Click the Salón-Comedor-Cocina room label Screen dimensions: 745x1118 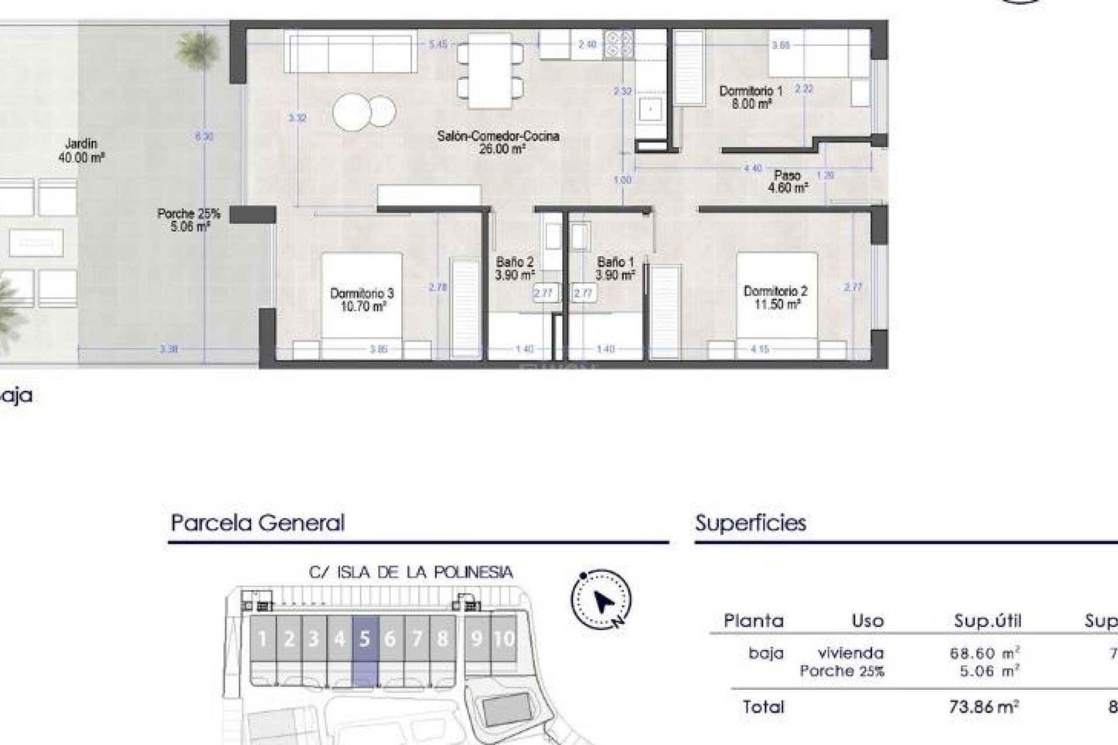tap(498, 142)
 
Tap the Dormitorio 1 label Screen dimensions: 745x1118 tap(751, 97)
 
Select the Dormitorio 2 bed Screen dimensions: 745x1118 tap(777, 297)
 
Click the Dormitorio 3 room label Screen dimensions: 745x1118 tap(362, 300)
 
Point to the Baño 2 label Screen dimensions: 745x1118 tap(515, 268)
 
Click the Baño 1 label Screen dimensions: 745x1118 tap(615, 268)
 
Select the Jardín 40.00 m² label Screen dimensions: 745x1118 tap(82, 150)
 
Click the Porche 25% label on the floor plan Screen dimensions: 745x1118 tap(189, 220)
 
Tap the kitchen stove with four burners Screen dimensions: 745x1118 tap(618, 45)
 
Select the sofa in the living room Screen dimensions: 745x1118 tap(351, 52)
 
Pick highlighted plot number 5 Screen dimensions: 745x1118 tap(365, 639)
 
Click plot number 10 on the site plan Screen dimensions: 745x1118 tap(504, 639)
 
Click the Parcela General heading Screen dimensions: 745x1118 tap(258, 523)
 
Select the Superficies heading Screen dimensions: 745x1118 tap(751, 523)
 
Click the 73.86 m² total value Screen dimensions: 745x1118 tap(983, 707)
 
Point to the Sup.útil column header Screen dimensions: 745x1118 tap(988, 621)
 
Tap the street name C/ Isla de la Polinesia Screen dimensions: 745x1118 tap(411, 573)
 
